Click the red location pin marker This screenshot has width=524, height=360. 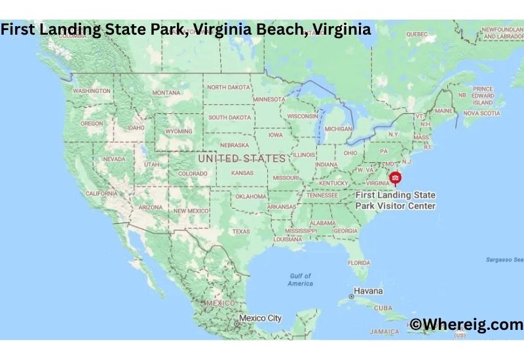coord(395,177)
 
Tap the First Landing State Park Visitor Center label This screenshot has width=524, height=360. coord(395,200)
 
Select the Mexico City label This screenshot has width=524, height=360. coord(260,318)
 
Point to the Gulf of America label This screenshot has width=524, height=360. coord(300,279)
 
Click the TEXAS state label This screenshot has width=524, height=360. coord(240,231)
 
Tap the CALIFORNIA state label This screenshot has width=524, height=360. coord(102,194)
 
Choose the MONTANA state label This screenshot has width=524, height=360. coord(166,93)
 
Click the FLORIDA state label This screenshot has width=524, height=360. coord(359,262)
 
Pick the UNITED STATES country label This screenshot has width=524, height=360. coord(242,158)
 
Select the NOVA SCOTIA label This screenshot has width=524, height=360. coord(481,113)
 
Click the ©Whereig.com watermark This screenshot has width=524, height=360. coord(466,324)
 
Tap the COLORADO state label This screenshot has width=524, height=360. coord(193,173)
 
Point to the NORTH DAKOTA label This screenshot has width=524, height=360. coord(228,87)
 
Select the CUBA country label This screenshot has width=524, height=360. coord(383,308)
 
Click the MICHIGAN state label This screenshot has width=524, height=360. coord(339,129)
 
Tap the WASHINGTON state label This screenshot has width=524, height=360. coord(92,91)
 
